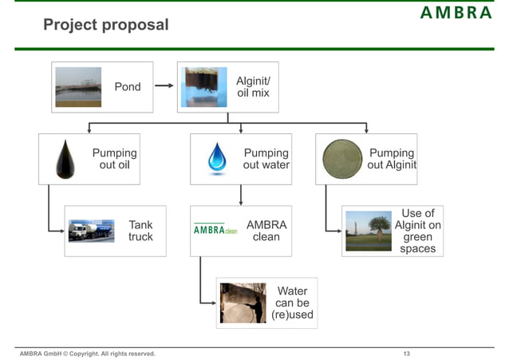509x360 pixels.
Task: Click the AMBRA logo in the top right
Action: (456, 13)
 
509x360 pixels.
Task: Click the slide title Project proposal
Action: (106, 25)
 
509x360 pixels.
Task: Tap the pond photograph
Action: (78, 87)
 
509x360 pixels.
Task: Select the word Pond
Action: (128, 87)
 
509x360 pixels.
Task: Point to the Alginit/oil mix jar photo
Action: (205, 87)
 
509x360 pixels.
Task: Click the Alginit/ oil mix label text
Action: (253, 87)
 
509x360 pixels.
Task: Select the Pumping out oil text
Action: (114, 159)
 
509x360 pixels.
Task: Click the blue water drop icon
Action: (217, 158)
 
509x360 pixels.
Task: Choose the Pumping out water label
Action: (266, 159)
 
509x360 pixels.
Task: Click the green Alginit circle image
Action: (341, 158)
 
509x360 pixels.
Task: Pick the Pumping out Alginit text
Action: (391, 159)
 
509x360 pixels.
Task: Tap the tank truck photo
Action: (91, 231)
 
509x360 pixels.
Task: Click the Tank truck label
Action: (140, 231)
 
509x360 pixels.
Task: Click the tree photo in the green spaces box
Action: (368, 231)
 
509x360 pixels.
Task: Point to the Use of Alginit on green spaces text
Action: (417, 231)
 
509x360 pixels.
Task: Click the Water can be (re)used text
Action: (292, 303)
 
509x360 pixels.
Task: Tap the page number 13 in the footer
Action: (407, 353)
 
